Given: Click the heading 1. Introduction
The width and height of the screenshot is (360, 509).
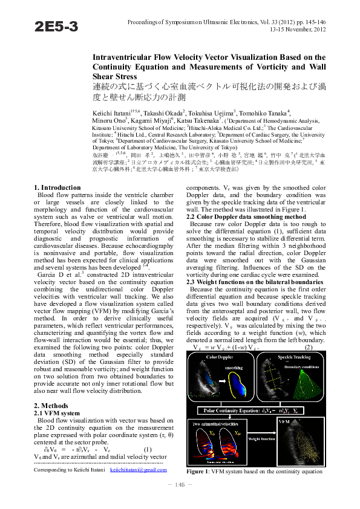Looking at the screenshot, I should click(x=57, y=188).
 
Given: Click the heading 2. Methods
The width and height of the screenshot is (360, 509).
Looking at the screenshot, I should click(x=50, y=406).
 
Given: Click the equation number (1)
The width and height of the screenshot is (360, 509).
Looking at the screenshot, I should click(x=147, y=449).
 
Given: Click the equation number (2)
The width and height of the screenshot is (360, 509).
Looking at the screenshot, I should click(x=308, y=348).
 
